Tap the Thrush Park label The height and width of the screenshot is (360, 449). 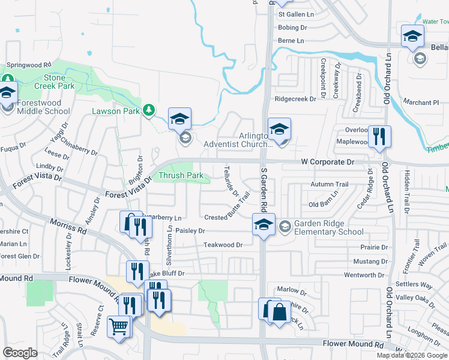[x=181, y=176]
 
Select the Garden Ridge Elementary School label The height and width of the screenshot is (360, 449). [x=328, y=227]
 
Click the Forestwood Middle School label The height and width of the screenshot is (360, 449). [x=43, y=107]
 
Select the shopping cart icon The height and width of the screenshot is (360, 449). [x=119, y=327]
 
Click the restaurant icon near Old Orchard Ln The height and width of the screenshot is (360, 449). [x=378, y=136]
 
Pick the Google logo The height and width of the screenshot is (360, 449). [x=20, y=353]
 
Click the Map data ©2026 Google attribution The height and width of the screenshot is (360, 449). [x=412, y=355]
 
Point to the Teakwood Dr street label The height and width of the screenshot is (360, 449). [x=223, y=245]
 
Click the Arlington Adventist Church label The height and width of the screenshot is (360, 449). [x=238, y=140]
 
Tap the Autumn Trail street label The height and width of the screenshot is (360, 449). [x=329, y=184]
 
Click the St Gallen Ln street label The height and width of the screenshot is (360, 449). [x=296, y=14]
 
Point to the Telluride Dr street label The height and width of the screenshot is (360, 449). [x=232, y=181]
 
